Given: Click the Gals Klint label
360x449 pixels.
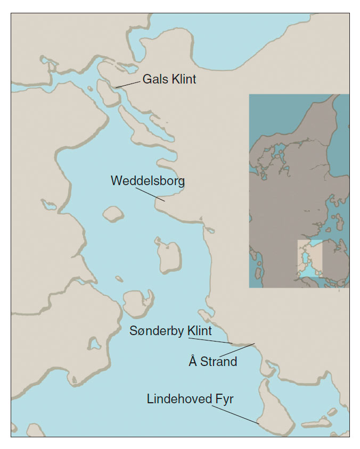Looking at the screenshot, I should (169, 80).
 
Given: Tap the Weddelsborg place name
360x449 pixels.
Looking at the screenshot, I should (148, 181).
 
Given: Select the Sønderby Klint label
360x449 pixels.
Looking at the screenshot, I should (170, 331).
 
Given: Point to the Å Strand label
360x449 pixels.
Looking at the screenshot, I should (212, 362).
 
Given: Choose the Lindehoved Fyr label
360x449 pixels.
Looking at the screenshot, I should (190, 398).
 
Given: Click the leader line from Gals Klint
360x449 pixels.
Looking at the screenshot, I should (127, 84).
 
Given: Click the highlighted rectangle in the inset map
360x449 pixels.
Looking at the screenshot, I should (309, 259).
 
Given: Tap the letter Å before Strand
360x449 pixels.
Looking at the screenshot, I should (192, 361).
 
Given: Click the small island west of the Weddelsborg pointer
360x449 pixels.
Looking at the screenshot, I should (113, 214).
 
